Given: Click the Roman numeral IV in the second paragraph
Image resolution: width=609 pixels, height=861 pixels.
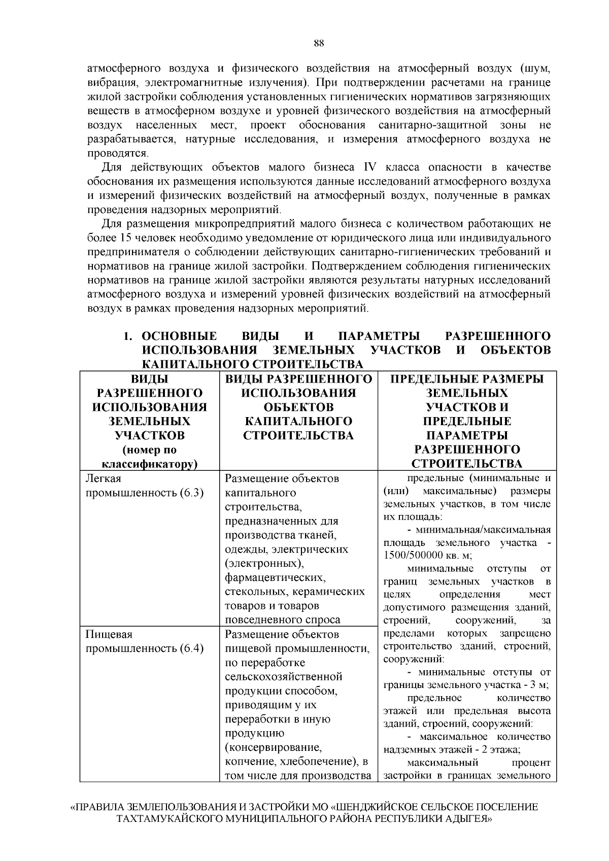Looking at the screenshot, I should click(x=367, y=167).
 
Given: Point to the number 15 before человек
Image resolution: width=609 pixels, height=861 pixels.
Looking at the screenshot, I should click(x=126, y=237).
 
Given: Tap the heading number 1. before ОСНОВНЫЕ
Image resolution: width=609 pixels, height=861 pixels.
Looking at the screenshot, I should click(x=129, y=336).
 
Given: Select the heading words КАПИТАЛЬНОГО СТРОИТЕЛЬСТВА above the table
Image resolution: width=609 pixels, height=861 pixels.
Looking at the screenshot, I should click(x=252, y=364).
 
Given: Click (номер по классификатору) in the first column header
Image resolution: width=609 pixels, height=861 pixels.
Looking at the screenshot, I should click(x=150, y=457).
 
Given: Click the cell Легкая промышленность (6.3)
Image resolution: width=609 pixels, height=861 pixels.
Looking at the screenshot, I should click(x=145, y=486).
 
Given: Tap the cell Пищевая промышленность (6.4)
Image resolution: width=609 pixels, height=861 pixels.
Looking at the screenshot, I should click(x=145, y=641).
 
